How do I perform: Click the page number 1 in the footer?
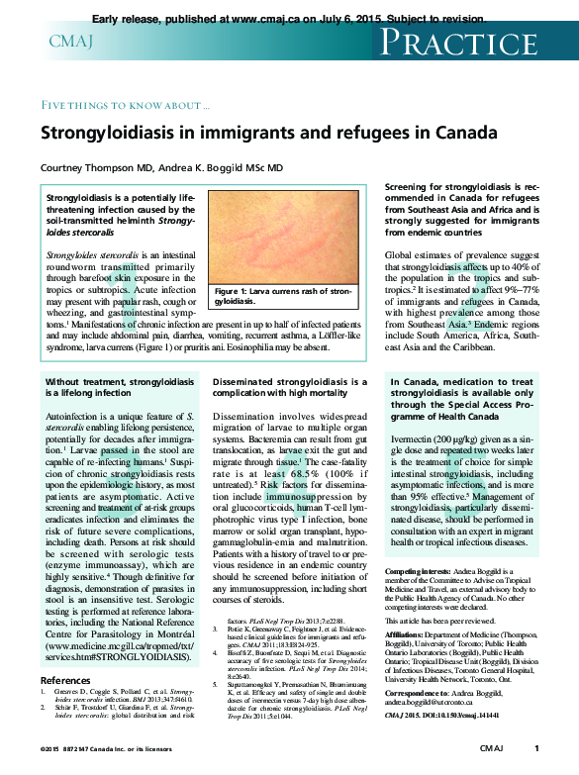[x=535, y=747]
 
